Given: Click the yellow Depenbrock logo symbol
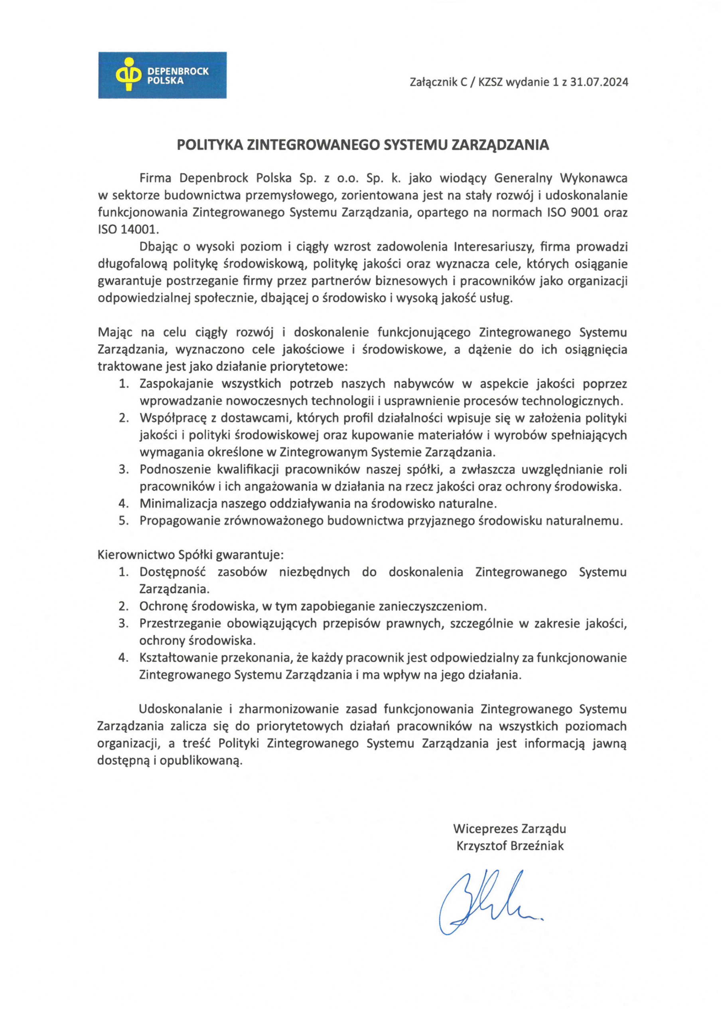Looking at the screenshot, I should [x=128, y=74].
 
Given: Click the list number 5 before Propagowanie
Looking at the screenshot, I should [x=123, y=521].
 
